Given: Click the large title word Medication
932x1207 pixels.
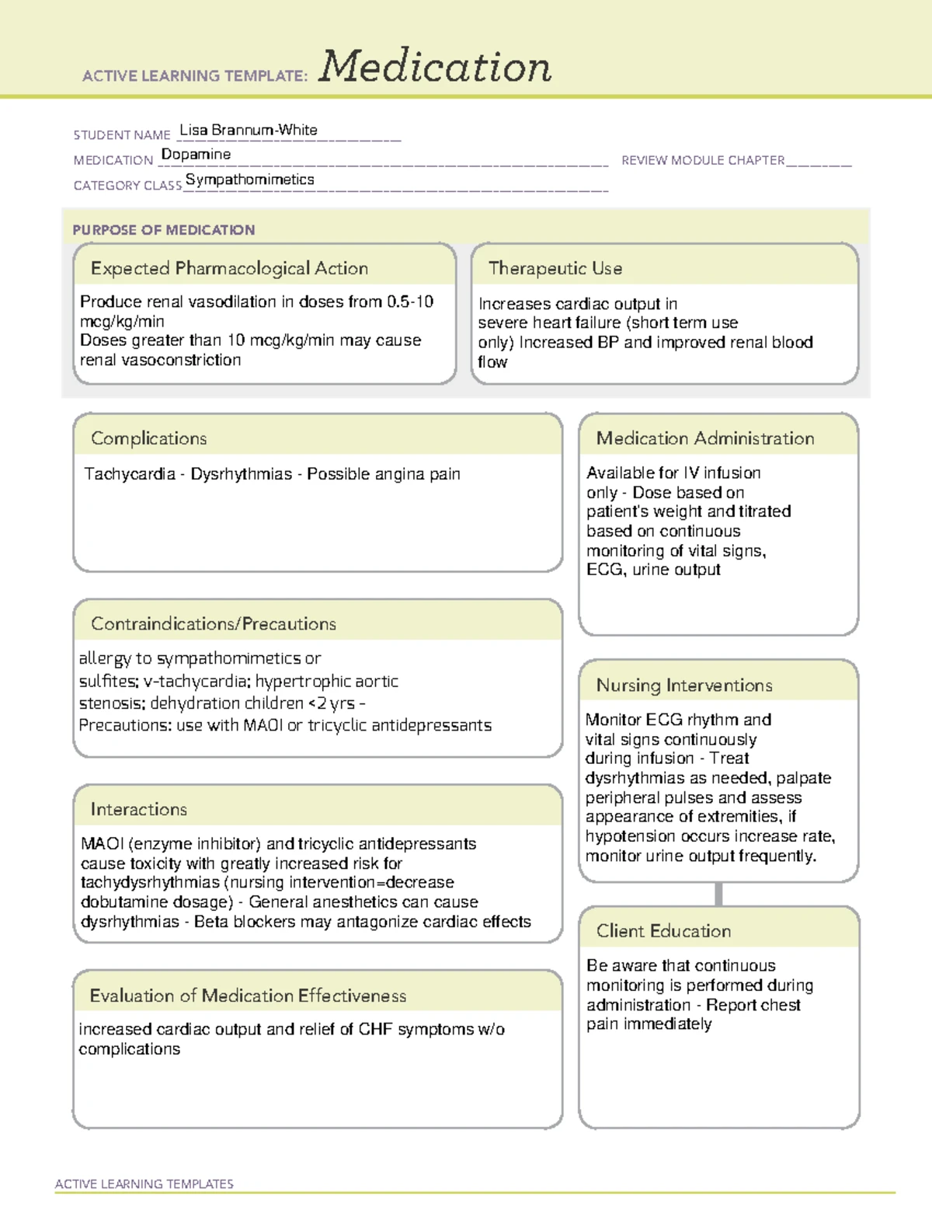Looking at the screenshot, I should point(435,67).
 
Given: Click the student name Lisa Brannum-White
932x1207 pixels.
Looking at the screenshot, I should point(248,131).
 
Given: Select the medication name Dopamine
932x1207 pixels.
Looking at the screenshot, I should point(196,155).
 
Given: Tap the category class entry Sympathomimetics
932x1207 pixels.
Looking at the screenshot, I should point(249,180).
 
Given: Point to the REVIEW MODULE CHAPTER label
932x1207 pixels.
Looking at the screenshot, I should point(703,160).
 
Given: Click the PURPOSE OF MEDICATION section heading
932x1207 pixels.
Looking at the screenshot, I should point(163,230).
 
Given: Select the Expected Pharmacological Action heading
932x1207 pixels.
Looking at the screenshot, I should point(229,268).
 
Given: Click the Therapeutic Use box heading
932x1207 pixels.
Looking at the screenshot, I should point(555,268).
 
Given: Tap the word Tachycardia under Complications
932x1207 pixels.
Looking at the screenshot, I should point(129,474).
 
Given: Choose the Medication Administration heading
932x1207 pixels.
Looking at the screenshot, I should point(704,438).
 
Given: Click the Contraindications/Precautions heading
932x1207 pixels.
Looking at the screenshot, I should point(213,623).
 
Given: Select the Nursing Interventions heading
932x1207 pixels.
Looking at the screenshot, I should point(683,685).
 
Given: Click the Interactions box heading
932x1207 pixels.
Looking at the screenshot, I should point(138,809).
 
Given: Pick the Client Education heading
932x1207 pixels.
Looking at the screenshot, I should point(663,930).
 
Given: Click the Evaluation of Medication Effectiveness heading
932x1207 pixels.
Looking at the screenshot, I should point(248,996).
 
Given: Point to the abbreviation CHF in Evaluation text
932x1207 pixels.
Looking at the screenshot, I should point(375,1029).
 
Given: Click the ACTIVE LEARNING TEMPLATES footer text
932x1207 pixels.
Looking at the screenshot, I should point(144,1184).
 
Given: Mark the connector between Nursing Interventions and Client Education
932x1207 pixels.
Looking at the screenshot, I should point(718,895).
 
